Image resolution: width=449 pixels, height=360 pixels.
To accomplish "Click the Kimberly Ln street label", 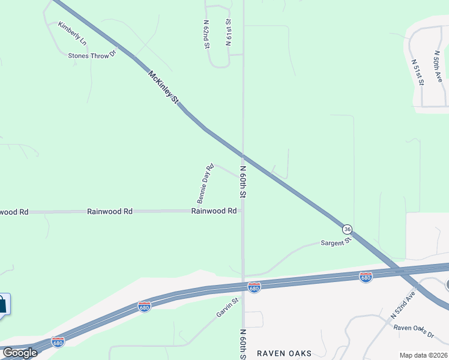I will [73, 34].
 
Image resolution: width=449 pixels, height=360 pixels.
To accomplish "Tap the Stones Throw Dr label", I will [91, 56].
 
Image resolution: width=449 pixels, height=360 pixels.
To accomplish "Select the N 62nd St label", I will [206, 34].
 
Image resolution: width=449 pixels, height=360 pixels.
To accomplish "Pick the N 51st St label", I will [418, 71].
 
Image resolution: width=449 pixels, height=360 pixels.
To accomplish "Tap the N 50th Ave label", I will [438, 66].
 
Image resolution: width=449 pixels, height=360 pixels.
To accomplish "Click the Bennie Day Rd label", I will [206, 184].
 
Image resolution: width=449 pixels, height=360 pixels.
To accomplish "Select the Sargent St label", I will [335, 242].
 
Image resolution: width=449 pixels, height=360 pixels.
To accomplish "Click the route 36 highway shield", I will [347, 229].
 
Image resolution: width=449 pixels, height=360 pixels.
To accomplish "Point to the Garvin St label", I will [228, 308].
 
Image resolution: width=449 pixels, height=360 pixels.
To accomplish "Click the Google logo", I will [20, 353].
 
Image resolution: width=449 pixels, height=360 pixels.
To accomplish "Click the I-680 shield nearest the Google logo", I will [58, 341].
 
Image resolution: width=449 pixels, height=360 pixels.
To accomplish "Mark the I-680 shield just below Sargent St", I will [366, 277].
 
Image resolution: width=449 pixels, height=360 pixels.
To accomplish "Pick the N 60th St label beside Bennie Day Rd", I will [244, 182].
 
